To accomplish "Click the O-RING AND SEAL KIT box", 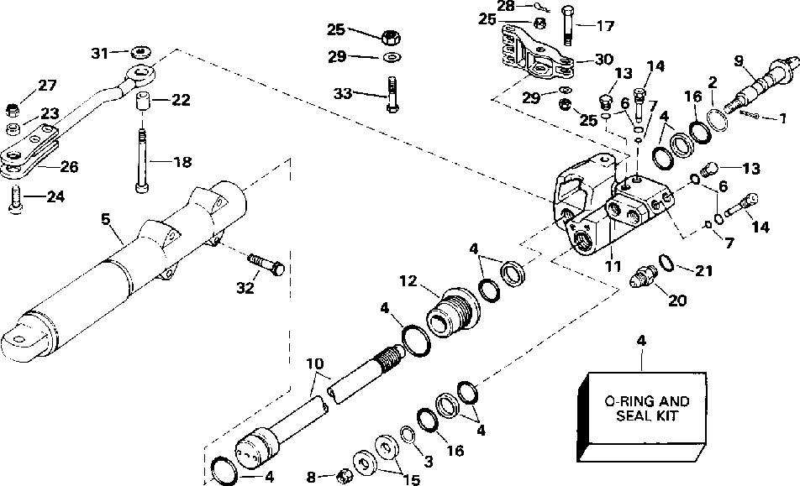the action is coord(642,416).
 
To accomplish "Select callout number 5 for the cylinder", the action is coord(105,220).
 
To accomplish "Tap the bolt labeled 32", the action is coord(266,264).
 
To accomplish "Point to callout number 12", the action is coord(408,280).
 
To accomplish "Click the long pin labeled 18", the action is coord(142,160).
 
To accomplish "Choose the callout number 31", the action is coord(99,53).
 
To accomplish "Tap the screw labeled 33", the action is coord(392,94).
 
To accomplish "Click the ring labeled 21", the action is coord(666,263).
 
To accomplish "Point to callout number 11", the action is coord(613,266).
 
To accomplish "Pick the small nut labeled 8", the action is coord(344,477).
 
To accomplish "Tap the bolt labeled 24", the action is coord(15,200).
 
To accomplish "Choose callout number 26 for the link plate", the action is coord(70,166).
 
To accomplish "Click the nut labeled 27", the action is coord(12,108).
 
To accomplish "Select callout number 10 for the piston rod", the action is coord(315,363).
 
